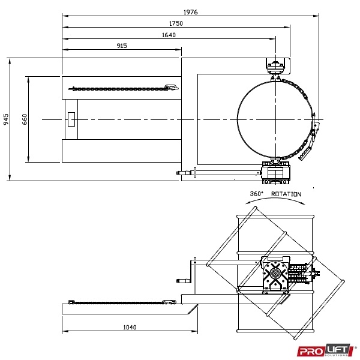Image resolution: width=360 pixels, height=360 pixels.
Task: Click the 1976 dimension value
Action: click(191, 12)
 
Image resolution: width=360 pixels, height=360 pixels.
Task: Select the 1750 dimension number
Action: click(176, 23)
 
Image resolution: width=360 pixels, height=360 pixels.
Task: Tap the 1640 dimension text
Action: click(169, 35)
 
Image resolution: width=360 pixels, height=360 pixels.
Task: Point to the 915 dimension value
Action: click(122, 46)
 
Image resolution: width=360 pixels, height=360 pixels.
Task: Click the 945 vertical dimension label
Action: click(6, 119)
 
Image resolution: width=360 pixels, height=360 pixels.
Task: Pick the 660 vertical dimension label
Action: click(25, 119)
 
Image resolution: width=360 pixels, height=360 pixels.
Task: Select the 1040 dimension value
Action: click(130, 327)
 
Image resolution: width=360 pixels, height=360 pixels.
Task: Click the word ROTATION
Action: click(286, 194)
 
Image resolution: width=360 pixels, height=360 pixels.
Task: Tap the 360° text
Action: click(256, 194)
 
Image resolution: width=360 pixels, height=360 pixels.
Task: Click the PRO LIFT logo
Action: click(326, 350)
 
